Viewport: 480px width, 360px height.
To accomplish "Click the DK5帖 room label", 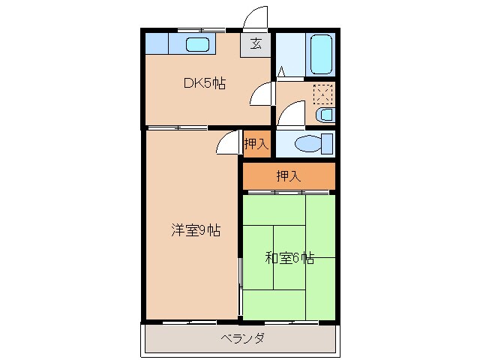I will click(x=205, y=84).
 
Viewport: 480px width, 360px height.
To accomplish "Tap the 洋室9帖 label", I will click(x=194, y=231).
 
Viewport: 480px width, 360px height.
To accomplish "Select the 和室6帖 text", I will click(x=289, y=259).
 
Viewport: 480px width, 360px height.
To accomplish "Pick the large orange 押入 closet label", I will click(x=288, y=177).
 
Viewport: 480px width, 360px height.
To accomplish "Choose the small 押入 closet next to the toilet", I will click(x=256, y=143).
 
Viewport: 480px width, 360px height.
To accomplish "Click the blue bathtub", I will click(x=321, y=53).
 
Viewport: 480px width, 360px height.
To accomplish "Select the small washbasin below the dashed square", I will click(x=323, y=115).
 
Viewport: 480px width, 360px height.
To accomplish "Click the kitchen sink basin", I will click(x=197, y=44).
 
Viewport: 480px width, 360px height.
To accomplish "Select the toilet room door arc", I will click(x=292, y=115).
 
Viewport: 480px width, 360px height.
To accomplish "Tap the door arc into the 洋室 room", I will click(x=227, y=142).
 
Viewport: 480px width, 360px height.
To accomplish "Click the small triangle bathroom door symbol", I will click(x=280, y=73).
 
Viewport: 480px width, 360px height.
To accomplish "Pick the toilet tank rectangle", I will click(x=328, y=143).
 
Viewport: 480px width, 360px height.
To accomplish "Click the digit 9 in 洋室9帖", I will click(x=203, y=231).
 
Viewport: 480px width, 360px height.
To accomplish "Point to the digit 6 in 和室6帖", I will click(x=298, y=259).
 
